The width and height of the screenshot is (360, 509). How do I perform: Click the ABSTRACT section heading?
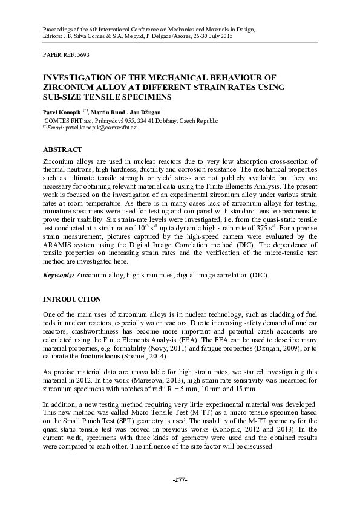(63, 149)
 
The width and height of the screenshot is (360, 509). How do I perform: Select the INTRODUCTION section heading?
(71, 299)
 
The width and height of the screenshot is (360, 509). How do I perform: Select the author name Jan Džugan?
(150, 112)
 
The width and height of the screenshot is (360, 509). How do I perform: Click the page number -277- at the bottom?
(180, 479)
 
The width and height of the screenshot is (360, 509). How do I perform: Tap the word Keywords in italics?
(58, 275)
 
